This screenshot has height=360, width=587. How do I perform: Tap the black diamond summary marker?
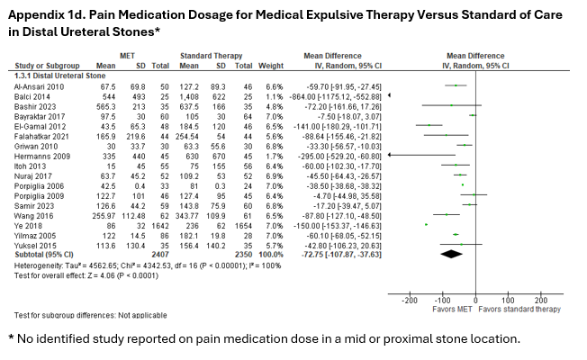pos(458,254)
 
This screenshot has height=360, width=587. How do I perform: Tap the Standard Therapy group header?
pos(208,56)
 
